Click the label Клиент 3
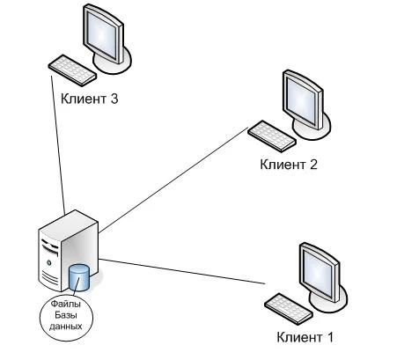pyautogui.click(x=90, y=99)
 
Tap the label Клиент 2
pyautogui.click(x=289, y=165)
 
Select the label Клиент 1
pyautogui.click(x=305, y=337)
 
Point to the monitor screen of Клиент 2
pyautogui.click(x=302, y=99)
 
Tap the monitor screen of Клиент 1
pyautogui.click(x=318, y=271)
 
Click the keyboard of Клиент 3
pyautogui.click(x=72, y=70)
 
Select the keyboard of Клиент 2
pyautogui.click(x=272, y=136)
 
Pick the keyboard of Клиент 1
pyautogui.click(x=289, y=309)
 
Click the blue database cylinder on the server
pyautogui.click(x=78, y=277)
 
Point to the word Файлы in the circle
pyautogui.click(x=66, y=304)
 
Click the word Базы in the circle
pyautogui.click(x=66, y=315)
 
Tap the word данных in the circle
pyautogui.click(x=66, y=326)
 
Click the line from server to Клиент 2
pyautogui.click(x=173, y=180)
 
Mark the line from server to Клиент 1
pyautogui.click(x=182, y=271)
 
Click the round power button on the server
pyautogui.click(x=49, y=262)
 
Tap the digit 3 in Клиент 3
pyautogui.click(x=114, y=99)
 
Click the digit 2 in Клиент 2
pyautogui.click(x=313, y=164)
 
